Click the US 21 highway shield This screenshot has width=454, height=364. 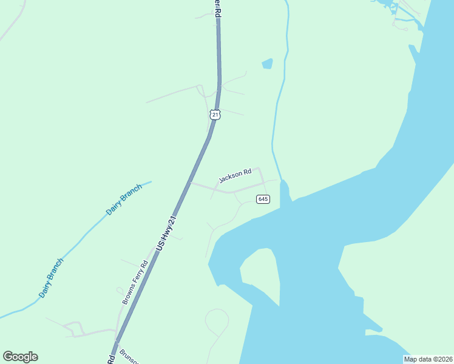click(x=215, y=115)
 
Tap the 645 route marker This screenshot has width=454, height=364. click(x=263, y=199)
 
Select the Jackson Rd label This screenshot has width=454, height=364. click(x=235, y=176)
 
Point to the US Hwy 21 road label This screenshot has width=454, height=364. click(x=166, y=233)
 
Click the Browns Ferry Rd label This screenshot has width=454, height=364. click(x=135, y=283)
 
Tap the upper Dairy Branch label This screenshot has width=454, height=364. click(x=124, y=200)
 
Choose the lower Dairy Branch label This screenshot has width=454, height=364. click(x=51, y=278)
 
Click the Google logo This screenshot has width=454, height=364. click(x=20, y=357)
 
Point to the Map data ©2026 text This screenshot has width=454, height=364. click(x=428, y=359)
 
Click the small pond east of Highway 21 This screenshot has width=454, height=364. click(x=267, y=63)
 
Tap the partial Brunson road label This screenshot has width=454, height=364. click(x=129, y=357)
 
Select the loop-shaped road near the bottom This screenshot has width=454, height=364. click(x=217, y=322)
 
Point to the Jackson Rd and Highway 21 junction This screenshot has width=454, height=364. click(x=191, y=181)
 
